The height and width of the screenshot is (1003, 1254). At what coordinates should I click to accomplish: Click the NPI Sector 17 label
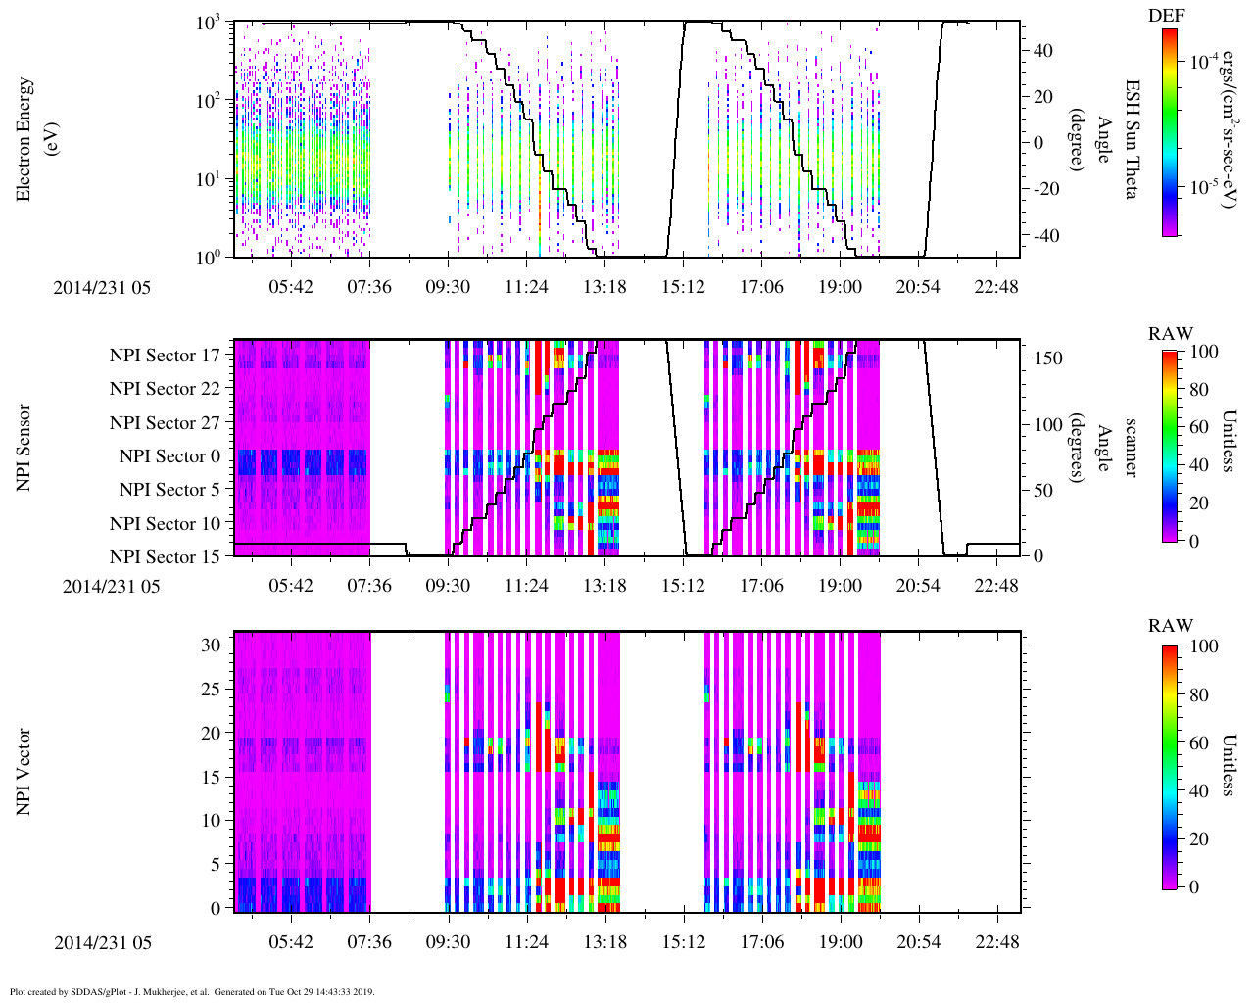[x=165, y=356]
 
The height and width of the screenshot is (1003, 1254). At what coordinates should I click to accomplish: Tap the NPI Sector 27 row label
[x=165, y=423]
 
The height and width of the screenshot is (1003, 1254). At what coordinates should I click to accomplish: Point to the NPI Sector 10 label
[x=165, y=524]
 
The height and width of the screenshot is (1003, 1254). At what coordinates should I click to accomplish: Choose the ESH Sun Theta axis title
[x=1130, y=139]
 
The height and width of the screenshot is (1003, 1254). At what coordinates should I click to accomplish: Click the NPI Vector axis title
[x=24, y=772]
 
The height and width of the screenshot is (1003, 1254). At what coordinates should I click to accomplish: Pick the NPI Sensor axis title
[x=24, y=448]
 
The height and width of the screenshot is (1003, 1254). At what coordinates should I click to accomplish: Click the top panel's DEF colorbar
[x=1170, y=132]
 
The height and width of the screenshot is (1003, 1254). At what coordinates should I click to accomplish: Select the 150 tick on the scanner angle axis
[x=1048, y=358]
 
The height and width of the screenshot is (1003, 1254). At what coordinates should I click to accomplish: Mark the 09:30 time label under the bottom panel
[x=448, y=942]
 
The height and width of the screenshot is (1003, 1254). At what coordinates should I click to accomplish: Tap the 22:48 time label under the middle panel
[x=997, y=586]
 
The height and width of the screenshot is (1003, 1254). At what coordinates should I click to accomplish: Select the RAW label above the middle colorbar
[x=1171, y=334]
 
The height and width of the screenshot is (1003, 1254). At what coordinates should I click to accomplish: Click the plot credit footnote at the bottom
[x=192, y=992]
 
